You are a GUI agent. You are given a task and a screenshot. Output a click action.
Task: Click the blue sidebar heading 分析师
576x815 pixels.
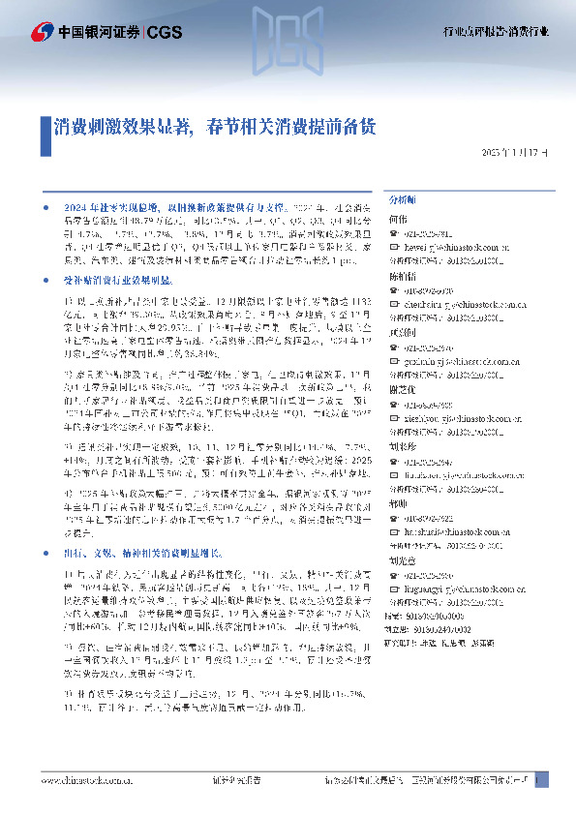(402, 197)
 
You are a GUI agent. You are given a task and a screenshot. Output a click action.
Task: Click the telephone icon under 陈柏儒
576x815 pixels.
(393, 289)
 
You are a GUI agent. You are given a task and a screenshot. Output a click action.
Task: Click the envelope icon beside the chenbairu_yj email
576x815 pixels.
(393, 303)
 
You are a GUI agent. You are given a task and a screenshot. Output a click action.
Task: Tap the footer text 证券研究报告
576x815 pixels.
(237, 779)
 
